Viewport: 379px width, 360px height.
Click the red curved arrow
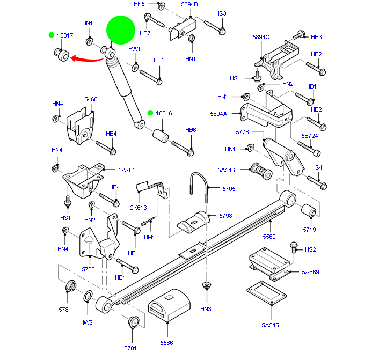click(x=89, y=57)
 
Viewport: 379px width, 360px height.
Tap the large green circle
click(x=120, y=30)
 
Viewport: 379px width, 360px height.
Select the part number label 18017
click(x=65, y=35)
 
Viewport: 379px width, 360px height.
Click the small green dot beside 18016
click(x=151, y=113)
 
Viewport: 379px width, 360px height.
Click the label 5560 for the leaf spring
click(x=269, y=237)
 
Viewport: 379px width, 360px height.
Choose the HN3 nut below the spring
click(x=206, y=285)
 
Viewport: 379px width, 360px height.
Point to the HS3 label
click(x=221, y=13)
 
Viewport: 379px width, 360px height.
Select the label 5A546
click(x=227, y=170)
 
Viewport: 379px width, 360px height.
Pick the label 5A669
click(x=310, y=272)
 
